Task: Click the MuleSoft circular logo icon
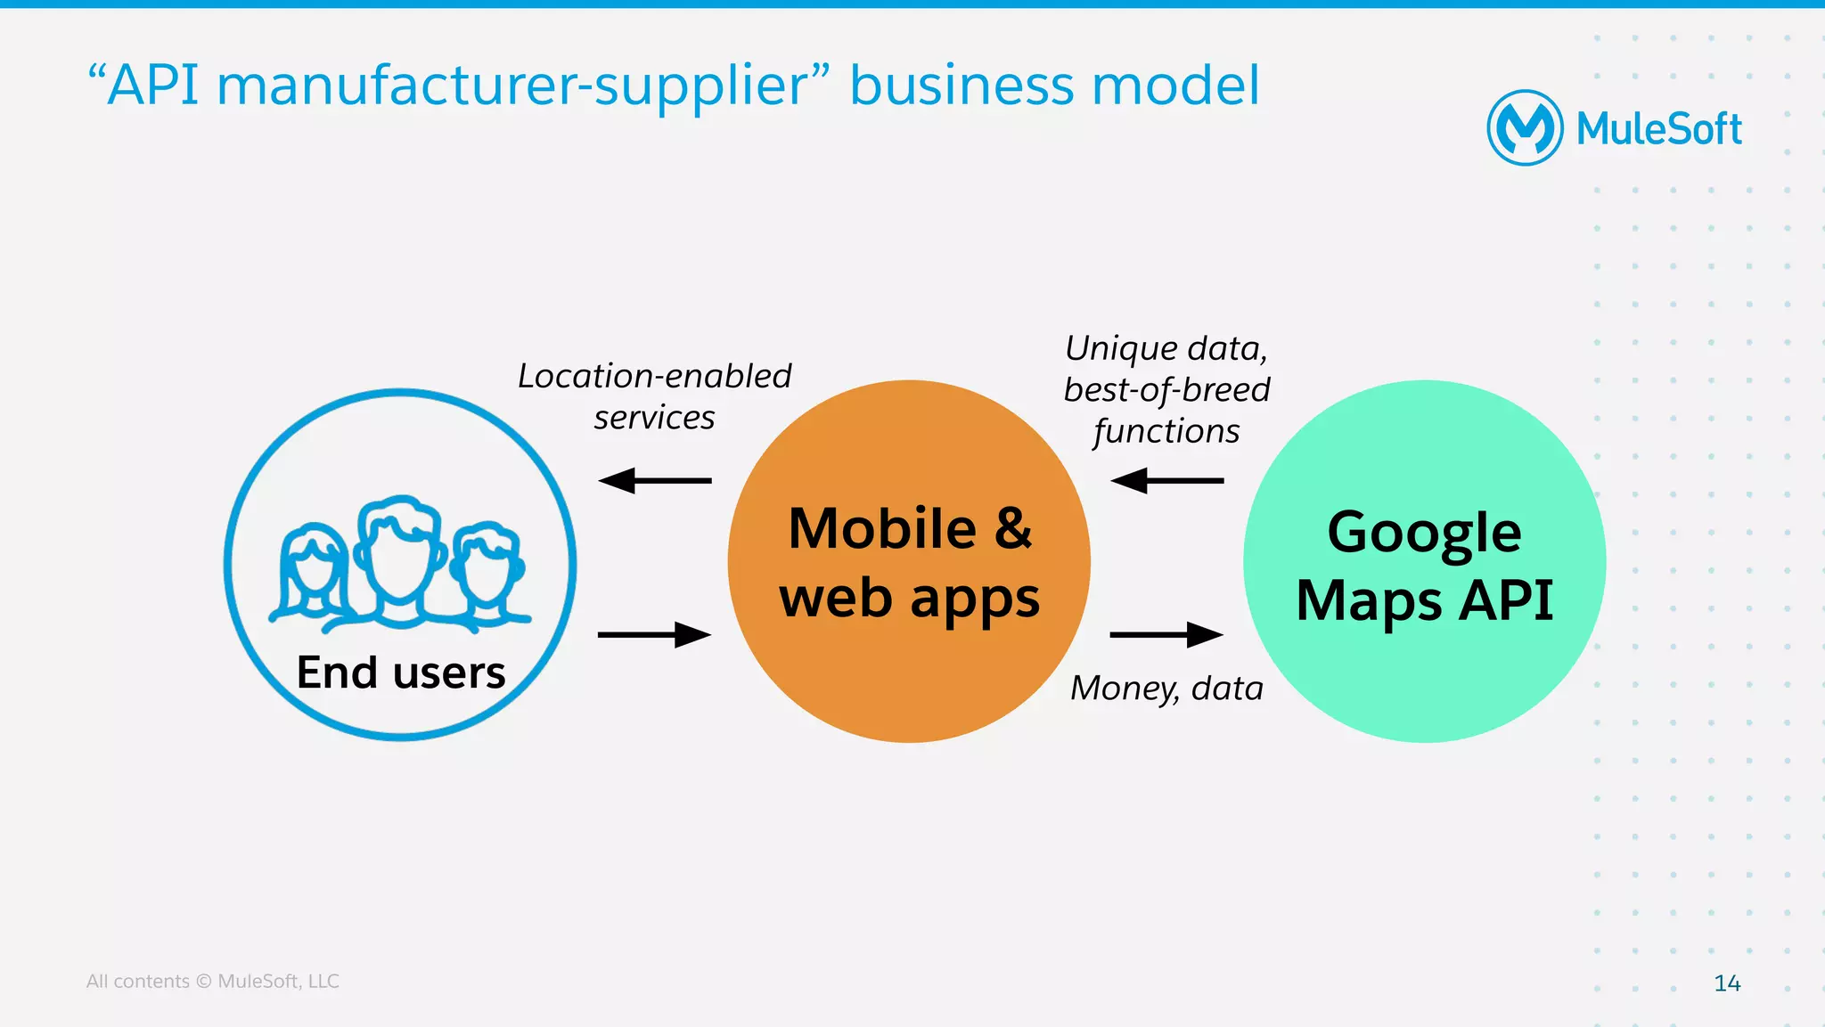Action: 1525,128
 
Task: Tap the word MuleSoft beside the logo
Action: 1658,130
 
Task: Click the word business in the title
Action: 964,86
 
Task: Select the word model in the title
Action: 1175,86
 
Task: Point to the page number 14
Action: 1727,983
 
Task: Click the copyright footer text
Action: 212,982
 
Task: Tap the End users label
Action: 401,672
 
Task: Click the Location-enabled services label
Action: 655,396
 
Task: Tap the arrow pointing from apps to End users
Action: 655,481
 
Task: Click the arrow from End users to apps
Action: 655,635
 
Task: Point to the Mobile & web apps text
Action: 909,562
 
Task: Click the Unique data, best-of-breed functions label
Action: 1166,389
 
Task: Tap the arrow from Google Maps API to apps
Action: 1167,481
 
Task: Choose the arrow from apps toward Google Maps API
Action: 1167,635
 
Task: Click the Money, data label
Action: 1166,689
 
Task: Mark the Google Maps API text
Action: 1424,566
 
